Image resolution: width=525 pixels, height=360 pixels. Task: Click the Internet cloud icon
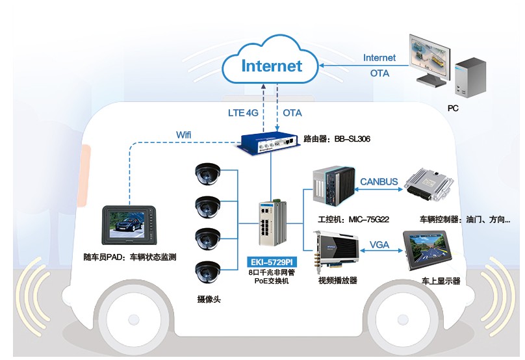tap(272, 64)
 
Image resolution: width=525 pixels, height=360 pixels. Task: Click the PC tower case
tap(469, 77)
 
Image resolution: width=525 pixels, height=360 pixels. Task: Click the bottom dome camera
tap(209, 272)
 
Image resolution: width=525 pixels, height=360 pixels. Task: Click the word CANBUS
tap(379, 181)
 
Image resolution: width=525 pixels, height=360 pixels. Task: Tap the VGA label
tap(379, 246)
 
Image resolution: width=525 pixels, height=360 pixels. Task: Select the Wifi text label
tap(185, 135)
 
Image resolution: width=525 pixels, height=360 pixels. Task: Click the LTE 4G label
tap(243, 112)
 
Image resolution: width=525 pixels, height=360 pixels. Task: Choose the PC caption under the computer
tap(453, 109)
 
